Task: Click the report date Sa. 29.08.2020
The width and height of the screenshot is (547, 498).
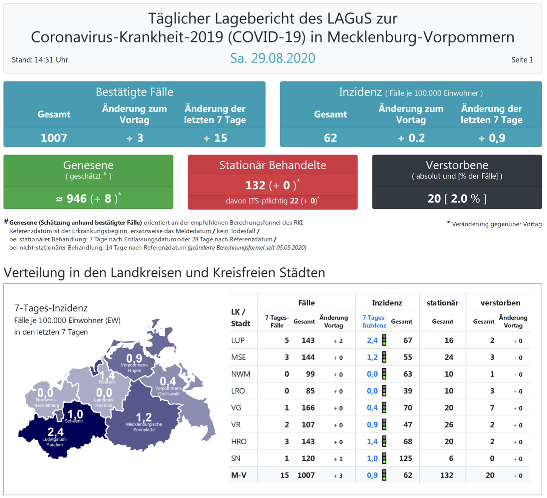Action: coord(272,58)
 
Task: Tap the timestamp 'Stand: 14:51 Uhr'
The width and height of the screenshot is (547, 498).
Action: coord(40,60)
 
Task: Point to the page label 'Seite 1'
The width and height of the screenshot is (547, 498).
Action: coord(522,60)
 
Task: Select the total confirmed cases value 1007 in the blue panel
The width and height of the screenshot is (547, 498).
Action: coord(54,138)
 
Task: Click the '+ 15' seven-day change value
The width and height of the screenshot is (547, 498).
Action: coord(215,138)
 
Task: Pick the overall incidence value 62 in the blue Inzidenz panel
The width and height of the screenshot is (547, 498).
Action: coord(330,138)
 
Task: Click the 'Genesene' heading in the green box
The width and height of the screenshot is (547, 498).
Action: coord(88,165)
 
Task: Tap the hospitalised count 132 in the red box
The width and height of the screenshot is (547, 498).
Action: coord(255,185)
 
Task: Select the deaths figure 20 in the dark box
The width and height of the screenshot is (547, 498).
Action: coord(434,198)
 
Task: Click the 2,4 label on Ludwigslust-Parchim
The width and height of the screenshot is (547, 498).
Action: coord(55,432)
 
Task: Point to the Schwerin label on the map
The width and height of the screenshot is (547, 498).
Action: coord(74,421)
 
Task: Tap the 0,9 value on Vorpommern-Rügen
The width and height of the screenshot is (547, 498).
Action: coord(134,358)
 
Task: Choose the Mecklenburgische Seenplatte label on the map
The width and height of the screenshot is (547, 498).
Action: coord(144,427)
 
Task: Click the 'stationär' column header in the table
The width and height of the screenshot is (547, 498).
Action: coord(442,303)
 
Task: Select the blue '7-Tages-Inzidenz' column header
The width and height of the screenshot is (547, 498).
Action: coord(374,322)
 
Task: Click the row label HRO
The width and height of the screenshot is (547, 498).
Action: coord(239,442)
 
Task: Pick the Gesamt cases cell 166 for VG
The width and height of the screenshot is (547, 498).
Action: coord(308,408)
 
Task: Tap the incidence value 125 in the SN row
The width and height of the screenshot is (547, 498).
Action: coord(405,458)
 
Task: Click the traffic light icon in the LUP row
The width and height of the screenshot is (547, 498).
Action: coord(384,340)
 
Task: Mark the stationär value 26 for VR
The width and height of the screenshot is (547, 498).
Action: coord(448,425)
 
